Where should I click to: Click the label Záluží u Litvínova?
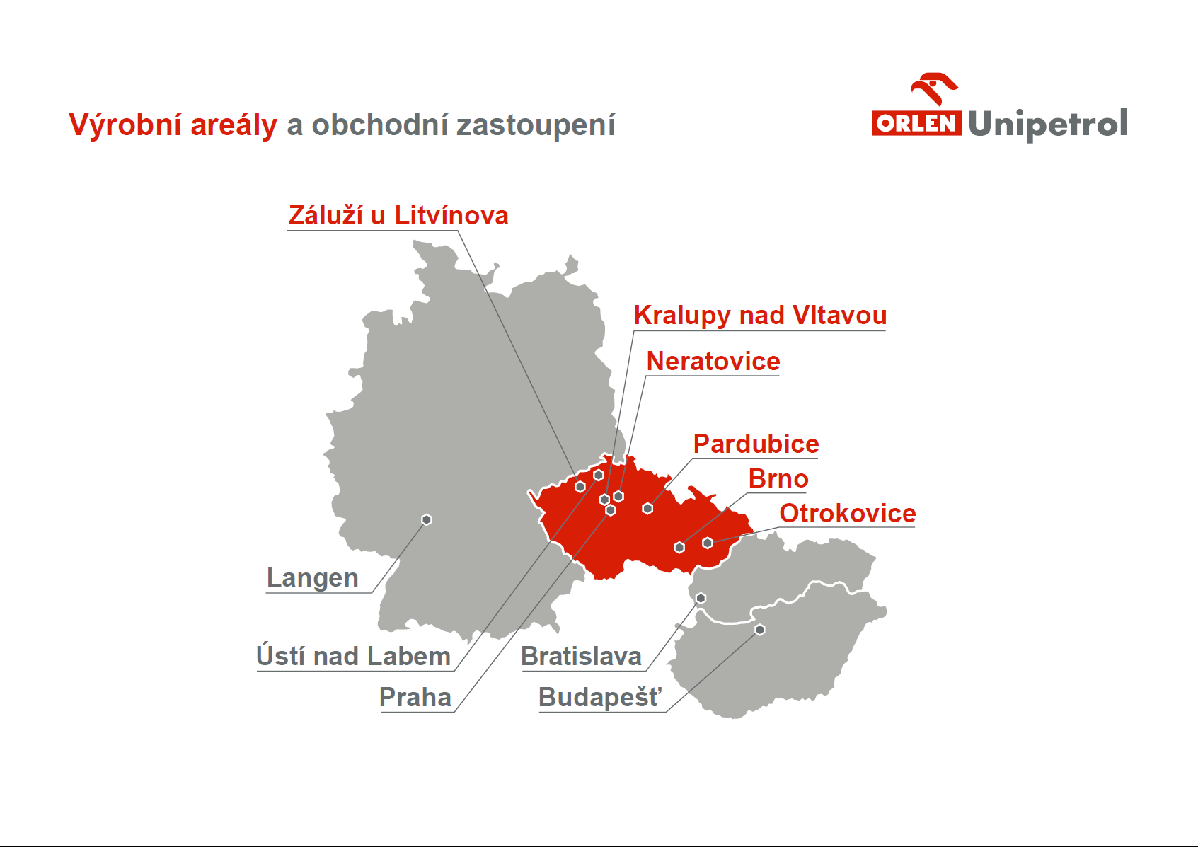pos(398,215)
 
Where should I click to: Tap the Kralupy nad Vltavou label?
pos(760,315)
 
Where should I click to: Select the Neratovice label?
pos(713,361)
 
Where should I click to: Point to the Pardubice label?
pos(756,444)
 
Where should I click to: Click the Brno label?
pos(778,478)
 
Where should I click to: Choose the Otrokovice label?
pos(847,513)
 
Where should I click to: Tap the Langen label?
pos(312,579)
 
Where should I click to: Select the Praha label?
pos(415,697)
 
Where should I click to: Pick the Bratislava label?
pos(582,656)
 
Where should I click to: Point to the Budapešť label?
pos(600,697)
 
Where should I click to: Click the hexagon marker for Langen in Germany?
pos(426,520)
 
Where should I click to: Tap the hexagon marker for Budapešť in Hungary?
pos(759,630)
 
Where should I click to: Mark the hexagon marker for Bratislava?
pos(701,599)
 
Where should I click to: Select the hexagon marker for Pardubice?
pos(647,509)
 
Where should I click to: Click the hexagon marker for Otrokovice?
pos(708,543)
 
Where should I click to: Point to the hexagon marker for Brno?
pos(679,548)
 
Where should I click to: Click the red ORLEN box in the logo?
pos(916,124)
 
